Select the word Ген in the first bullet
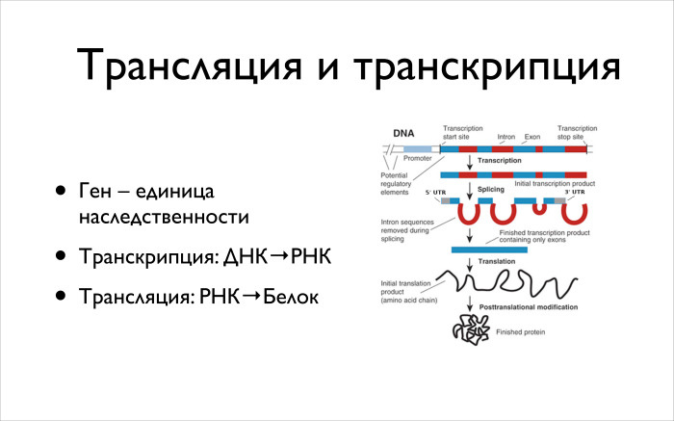(x=96, y=193)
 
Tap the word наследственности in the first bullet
(x=164, y=218)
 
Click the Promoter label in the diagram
(x=418, y=157)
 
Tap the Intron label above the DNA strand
(x=506, y=137)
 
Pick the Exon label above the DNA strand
(x=532, y=137)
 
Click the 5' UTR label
(x=435, y=193)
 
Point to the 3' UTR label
(x=575, y=193)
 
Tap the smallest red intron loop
(x=540, y=206)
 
